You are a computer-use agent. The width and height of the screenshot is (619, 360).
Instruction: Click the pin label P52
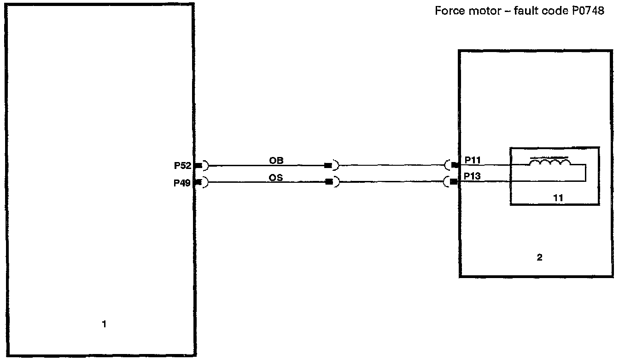pyautogui.click(x=182, y=166)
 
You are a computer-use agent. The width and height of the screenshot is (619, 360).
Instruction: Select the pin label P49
pyautogui.click(x=182, y=183)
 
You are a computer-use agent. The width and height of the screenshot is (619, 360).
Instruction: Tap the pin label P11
pyautogui.click(x=473, y=160)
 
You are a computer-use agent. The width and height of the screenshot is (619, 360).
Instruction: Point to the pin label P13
pyautogui.click(x=473, y=176)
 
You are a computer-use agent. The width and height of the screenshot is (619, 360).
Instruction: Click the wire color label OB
pyautogui.click(x=276, y=161)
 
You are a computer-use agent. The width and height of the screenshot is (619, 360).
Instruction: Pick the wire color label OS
pyautogui.click(x=276, y=177)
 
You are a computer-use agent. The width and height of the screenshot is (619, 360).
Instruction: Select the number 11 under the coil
pyautogui.click(x=558, y=197)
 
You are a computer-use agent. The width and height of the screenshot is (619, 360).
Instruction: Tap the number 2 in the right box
pyautogui.click(x=539, y=258)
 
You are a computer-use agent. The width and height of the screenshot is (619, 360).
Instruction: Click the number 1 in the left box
pyautogui.click(x=104, y=325)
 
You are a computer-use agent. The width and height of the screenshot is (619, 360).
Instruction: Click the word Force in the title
pyautogui.click(x=448, y=12)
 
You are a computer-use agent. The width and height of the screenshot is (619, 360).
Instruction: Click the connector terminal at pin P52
pyautogui.click(x=199, y=165)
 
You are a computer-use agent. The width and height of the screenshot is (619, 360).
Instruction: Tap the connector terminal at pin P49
pyautogui.click(x=199, y=182)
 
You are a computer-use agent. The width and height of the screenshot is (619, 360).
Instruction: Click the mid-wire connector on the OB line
pyautogui.click(x=329, y=165)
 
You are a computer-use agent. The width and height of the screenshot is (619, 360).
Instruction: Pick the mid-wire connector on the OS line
pyautogui.click(x=329, y=182)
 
